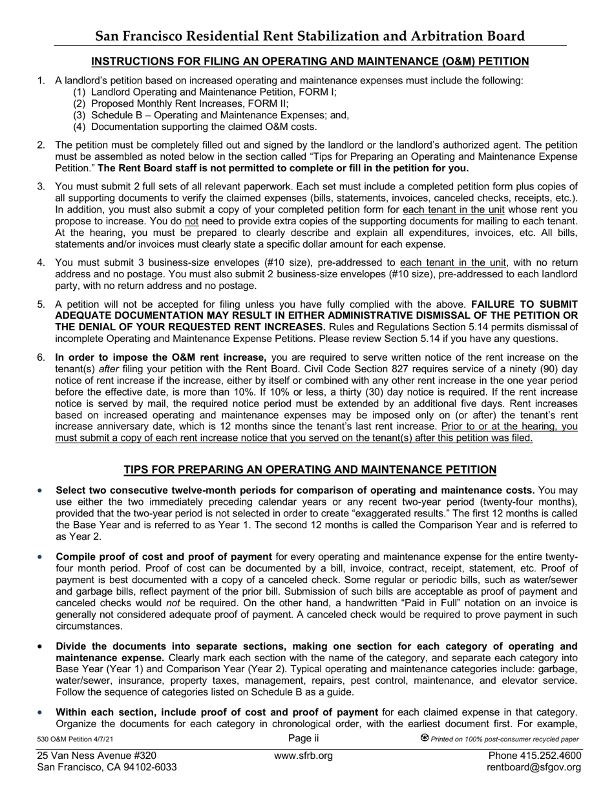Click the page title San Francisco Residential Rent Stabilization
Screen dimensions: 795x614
[310, 36]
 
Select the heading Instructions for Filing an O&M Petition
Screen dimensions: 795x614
[310, 61]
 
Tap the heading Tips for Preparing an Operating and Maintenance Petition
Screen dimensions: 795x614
[310, 470]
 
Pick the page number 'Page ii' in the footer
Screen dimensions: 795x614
[303, 739]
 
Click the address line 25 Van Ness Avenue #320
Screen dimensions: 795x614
[97, 756]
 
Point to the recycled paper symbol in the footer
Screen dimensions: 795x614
[425, 738]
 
